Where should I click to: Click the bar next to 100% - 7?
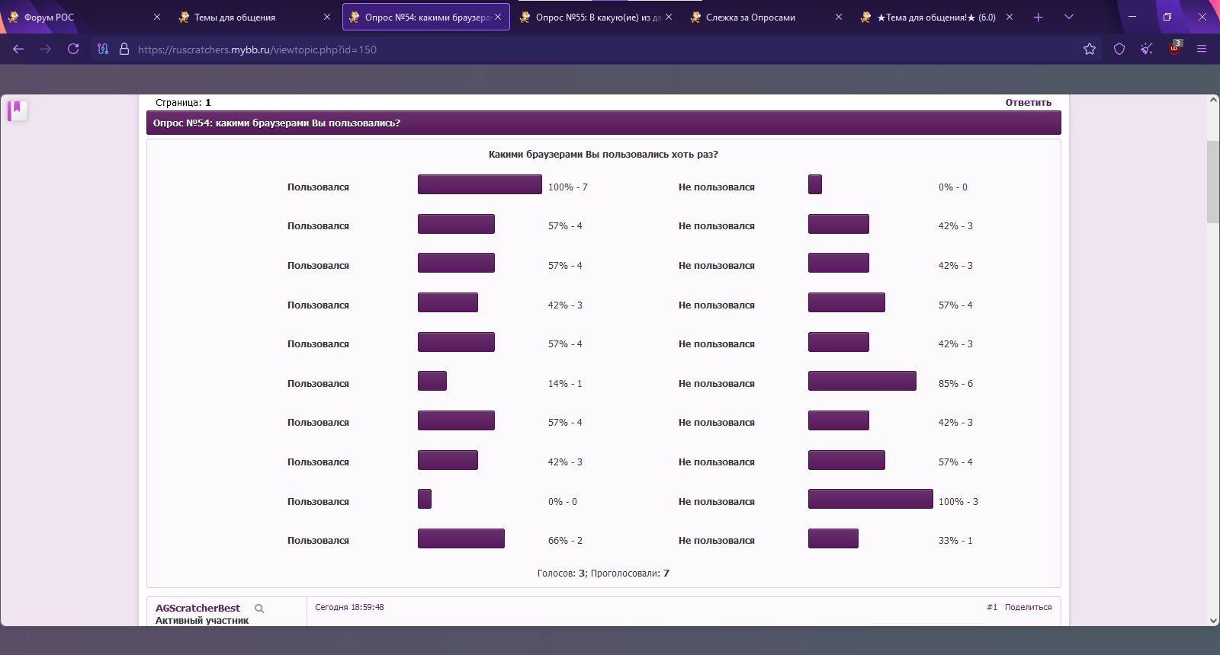tap(480, 184)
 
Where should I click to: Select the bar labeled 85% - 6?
tap(862, 381)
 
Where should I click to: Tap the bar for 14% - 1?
tap(432, 381)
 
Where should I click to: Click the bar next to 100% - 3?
tap(870, 499)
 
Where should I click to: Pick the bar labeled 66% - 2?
tap(461, 538)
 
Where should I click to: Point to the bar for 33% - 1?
tap(833, 538)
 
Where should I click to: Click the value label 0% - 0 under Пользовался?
tap(563, 502)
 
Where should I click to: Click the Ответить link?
tap(1028, 103)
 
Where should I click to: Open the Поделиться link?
tap(1028, 608)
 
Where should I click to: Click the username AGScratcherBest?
tap(197, 609)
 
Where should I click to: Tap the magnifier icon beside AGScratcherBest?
tap(259, 609)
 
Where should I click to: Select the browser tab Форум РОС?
tap(49, 18)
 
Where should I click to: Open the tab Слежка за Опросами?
tap(750, 18)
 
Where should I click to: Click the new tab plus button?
tap(1038, 17)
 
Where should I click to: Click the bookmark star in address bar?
tap(1090, 50)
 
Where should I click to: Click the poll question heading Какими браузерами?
tap(602, 155)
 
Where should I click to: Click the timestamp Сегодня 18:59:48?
tap(349, 608)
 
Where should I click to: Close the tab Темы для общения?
tap(327, 17)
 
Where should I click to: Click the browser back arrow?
tap(18, 50)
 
